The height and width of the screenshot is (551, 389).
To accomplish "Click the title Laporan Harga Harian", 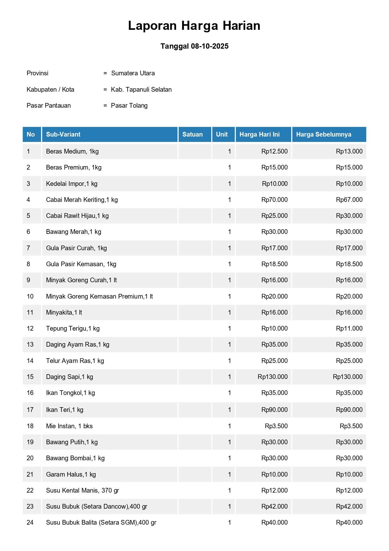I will pyautogui.click(x=194, y=26).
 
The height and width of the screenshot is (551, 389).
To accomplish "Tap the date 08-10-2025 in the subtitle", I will pyautogui.click(x=210, y=46).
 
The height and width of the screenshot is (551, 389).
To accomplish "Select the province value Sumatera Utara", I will pyautogui.click(x=133, y=73).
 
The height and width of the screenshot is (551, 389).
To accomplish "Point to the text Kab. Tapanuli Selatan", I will pyautogui.click(x=141, y=89).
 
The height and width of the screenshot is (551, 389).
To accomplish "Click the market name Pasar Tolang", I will pyautogui.click(x=129, y=105).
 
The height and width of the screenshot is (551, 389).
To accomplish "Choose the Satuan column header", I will pyautogui.click(x=192, y=134).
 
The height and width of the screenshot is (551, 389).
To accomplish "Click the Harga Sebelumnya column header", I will pyautogui.click(x=323, y=134).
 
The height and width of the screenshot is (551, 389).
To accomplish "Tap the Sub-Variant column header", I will pyautogui.click(x=63, y=134).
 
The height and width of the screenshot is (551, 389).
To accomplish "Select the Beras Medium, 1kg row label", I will pyautogui.click(x=72, y=151).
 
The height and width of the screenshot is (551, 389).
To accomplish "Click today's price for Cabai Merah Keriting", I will pyautogui.click(x=274, y=200).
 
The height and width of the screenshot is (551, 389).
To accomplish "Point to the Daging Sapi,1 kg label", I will pyautogui.click(x=69, y=377).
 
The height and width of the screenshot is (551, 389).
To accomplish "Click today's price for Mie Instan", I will pyautogui.click(x=276, y=426).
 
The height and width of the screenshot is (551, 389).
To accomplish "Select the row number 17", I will pyautogui.click(x=30, y=410).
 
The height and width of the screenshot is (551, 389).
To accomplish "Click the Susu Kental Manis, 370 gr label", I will pyautogui.click(x=82, y=490).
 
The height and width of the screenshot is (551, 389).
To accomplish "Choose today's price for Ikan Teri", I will pyautogui.click(x=274, y=410).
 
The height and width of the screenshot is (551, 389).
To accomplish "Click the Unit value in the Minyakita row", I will pyautogui.click(x=229, y=312).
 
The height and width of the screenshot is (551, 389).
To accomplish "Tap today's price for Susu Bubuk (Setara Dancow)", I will pyautogui.click(x=274, y=506).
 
